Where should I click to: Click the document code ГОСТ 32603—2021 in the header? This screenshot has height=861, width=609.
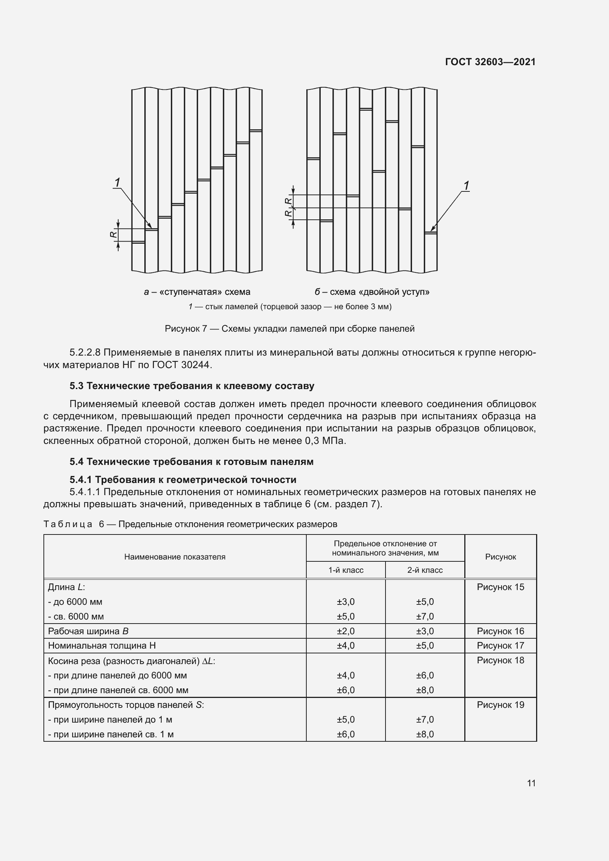point(490,62)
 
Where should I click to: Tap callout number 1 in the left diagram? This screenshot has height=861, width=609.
point(117,183)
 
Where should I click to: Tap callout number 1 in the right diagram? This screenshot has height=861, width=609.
point(466,186)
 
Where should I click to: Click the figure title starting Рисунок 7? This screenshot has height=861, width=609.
point(289,329)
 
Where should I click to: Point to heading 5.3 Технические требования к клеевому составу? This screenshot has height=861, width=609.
point(191,386)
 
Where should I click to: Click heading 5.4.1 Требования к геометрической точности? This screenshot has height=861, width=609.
point(183,480)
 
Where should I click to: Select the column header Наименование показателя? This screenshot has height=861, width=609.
point(175,557)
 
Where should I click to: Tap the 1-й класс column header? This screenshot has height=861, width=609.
point(346,570)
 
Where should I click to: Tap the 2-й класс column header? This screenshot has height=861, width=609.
point(425,570)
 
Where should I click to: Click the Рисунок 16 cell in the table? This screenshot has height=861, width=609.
point(500,631)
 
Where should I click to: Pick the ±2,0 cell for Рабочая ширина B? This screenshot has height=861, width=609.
point(346,631)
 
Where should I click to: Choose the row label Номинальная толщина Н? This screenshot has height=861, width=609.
point(102,646)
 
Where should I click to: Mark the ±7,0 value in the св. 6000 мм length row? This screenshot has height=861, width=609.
point(425,617)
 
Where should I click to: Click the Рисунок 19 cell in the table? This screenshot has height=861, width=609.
point(500,705)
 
